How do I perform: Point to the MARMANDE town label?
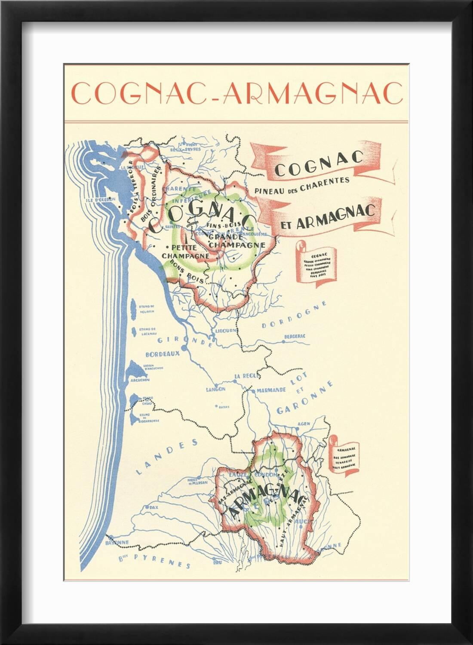271,390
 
